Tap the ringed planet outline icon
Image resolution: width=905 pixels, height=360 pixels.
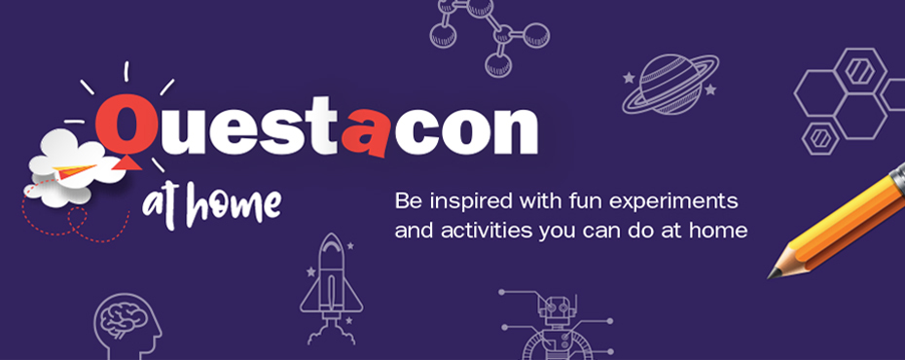(x=670, y=84)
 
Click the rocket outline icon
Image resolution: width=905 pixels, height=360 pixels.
(x=329, y=282)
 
